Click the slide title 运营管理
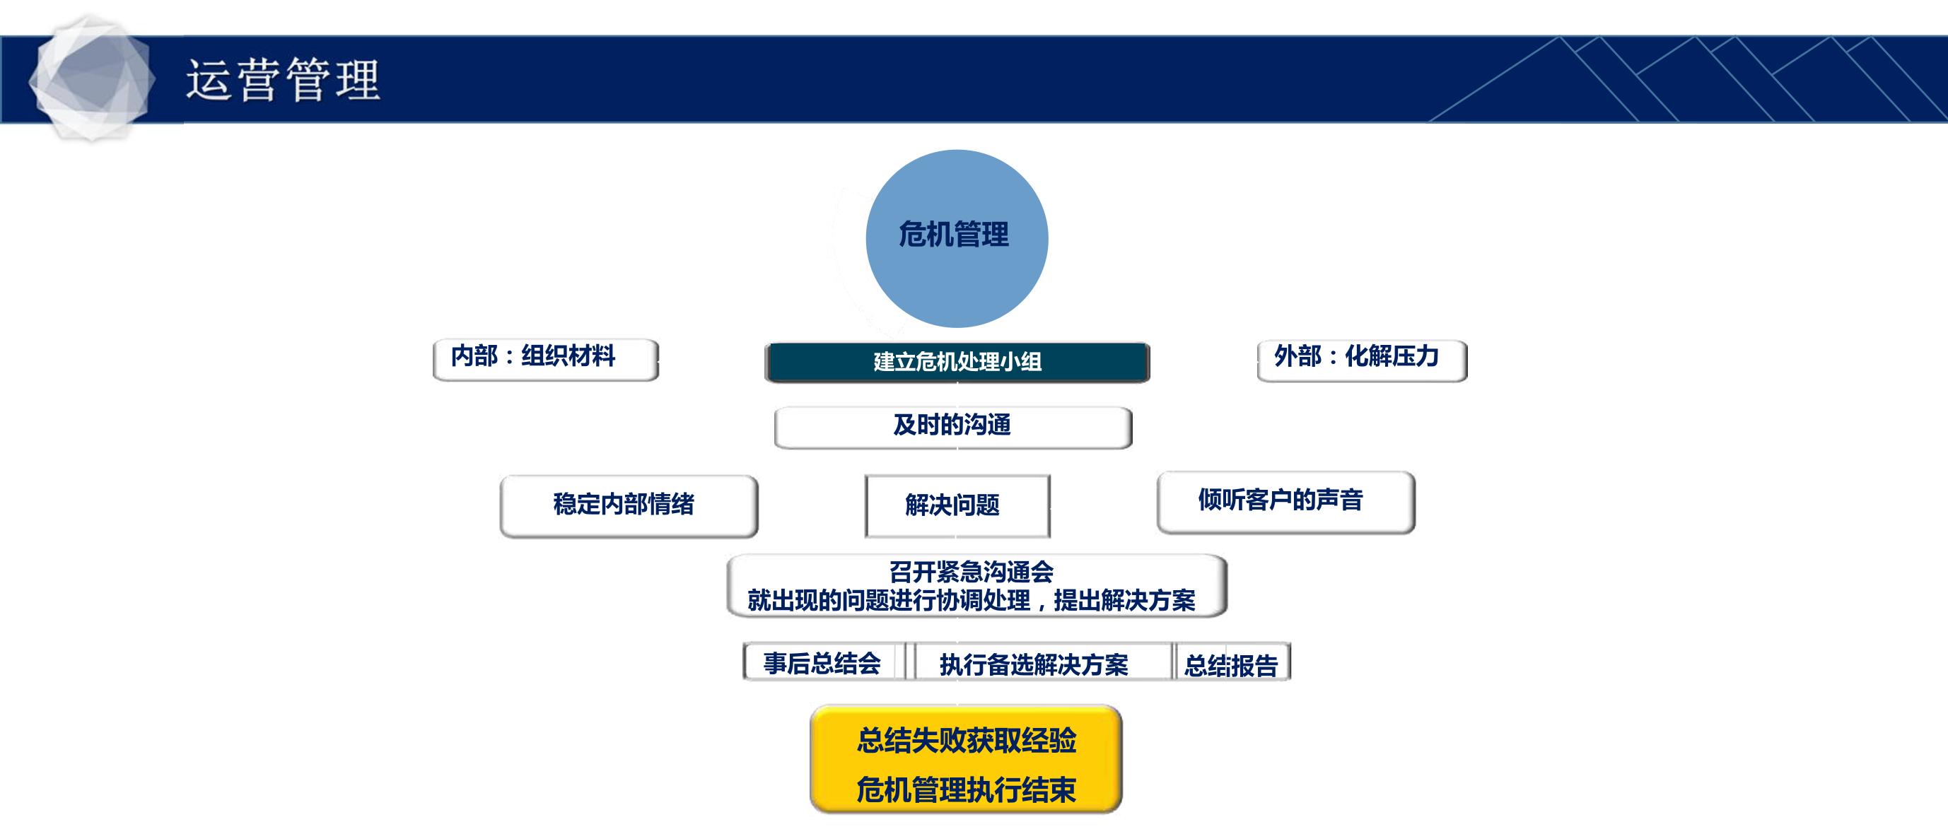(x=282, y=79)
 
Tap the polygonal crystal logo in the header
(x=91, y=78)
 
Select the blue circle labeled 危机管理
(x=957, y=238)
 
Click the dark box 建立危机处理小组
(x=957, y=362)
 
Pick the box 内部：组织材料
(x=545, y=359)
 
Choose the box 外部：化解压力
(x=1362, y=360)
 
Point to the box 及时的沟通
(x=953, y=427)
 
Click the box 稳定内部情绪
(x=629, y=506)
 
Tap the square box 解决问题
(x=957, y=506)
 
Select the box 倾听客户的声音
(x=1285, y=502)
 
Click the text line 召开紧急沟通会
(x=971, y=572)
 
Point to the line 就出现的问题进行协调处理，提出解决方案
(x=971, y=600)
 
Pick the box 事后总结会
(x=823, y=662)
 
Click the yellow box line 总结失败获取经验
(x=967, y=741)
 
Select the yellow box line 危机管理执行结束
(x=967, y=790)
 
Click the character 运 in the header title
(x=208, y=79)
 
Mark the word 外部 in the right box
(x=1297, y=356)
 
